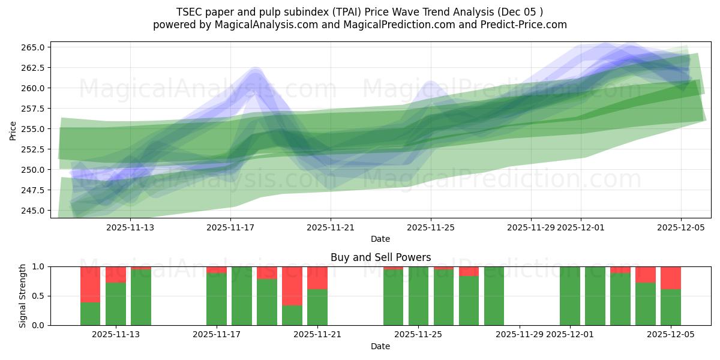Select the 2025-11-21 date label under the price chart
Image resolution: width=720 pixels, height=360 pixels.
pyautogui.click(x=331, y=227)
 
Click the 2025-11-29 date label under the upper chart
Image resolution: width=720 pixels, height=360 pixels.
pyautogui.click(x=530, y=227)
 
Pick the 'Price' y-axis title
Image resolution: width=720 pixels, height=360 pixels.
pyautogui.click(x=13, y=130)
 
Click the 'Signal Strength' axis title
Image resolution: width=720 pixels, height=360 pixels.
pyautogui.click(x=23, y=296)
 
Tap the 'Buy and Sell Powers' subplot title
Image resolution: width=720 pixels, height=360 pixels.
pyautogui.click(x=380, y=257)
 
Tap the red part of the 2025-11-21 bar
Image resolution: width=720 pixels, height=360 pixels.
pyautogui.click(x=317, y=278)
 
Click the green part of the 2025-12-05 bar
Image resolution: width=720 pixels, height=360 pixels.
pyautogui.click(x=671, y=307)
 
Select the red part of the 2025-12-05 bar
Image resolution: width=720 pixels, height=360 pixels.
pyautogui.click(x=671, y=278)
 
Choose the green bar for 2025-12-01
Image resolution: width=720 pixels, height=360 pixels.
pyautogui.click(x=570, y=296)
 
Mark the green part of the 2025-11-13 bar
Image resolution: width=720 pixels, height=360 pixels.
pyautogui.click(x=116, y=304)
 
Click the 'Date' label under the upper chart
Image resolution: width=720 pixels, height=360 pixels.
pyautogui.click(x=380, y=239)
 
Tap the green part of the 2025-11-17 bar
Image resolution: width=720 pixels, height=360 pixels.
pyautogui.click(x=217, y=299)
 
